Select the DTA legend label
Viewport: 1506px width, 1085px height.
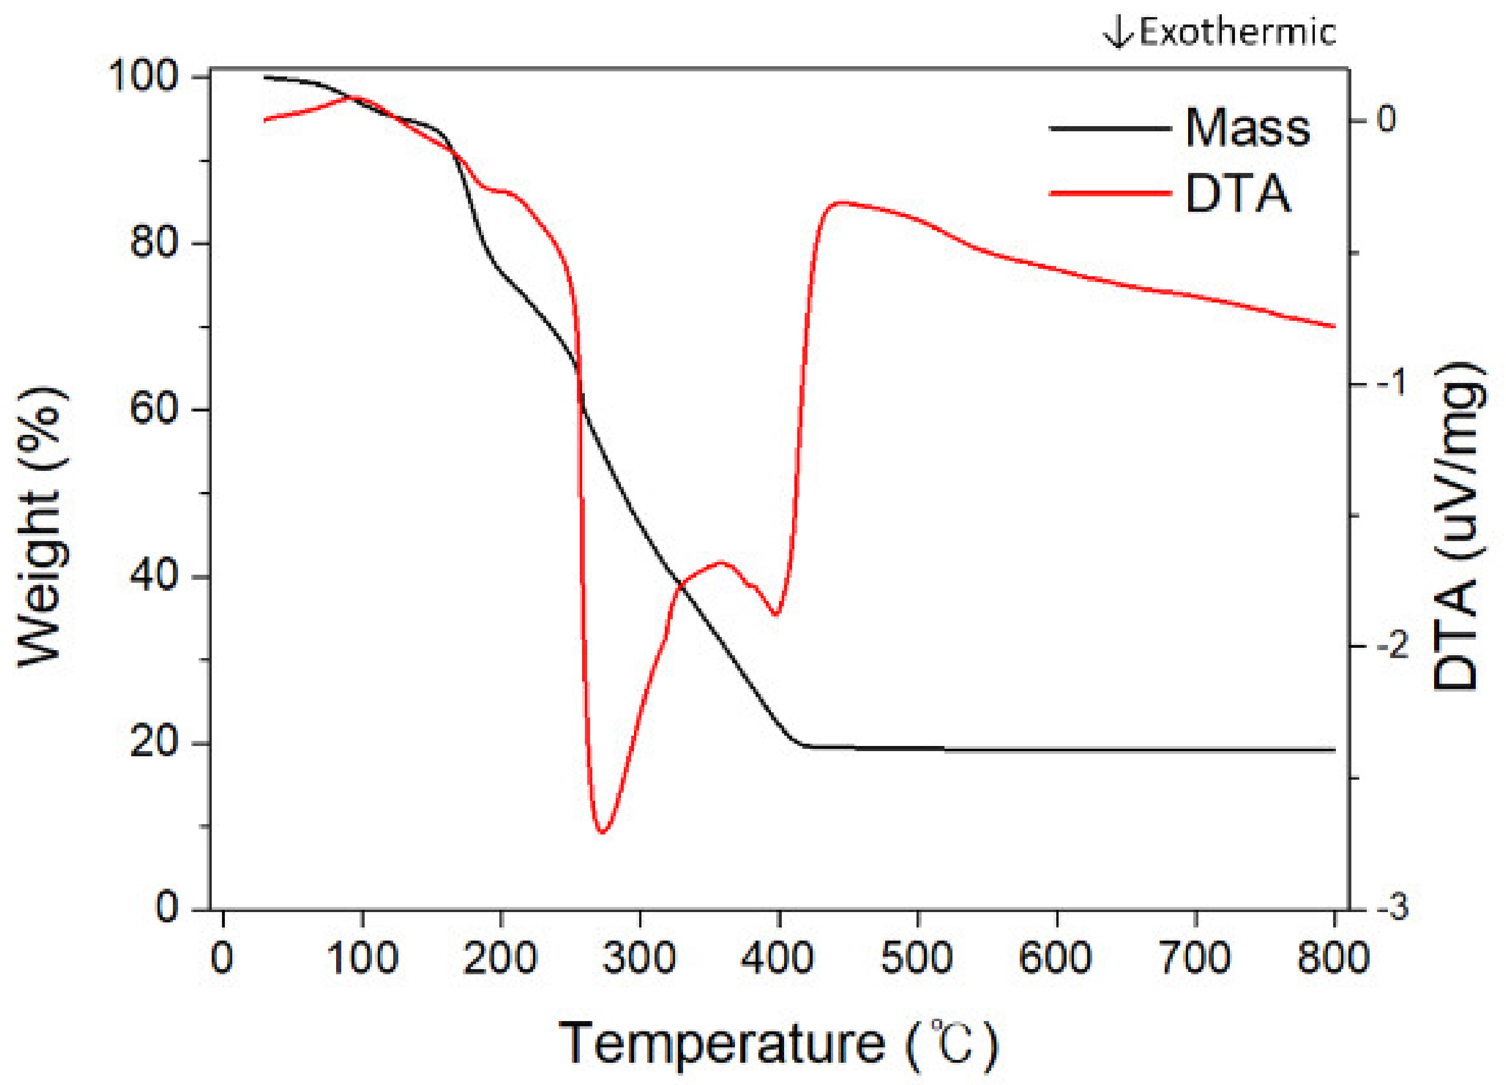click(x=1238, y=194)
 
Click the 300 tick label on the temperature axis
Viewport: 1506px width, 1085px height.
click(x=640, y=958)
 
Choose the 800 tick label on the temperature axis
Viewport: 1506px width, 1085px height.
click(x=1333, y=958)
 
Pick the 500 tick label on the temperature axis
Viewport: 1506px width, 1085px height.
click(x=917, y=958)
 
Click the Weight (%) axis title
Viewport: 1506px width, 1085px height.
click(x=41, y=525)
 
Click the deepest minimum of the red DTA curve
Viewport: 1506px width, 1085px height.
click(x=602, y=832)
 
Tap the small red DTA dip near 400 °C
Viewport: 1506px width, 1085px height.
click(x=775, y=614)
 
